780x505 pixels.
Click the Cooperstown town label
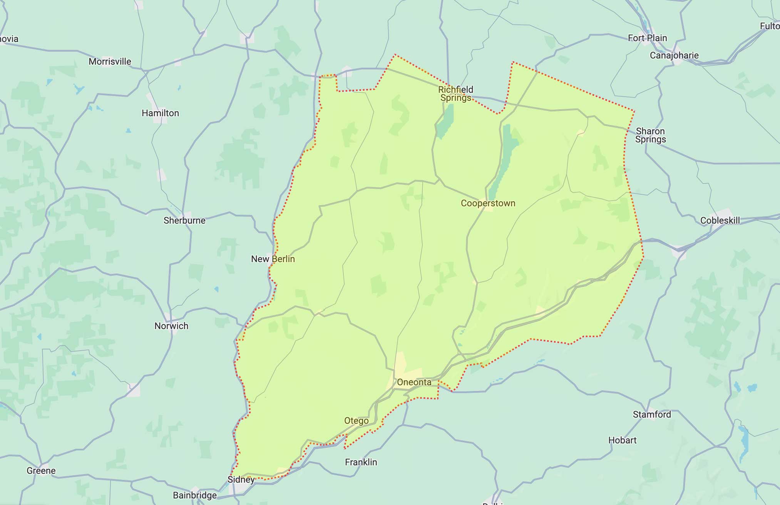488,203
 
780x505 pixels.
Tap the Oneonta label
414,382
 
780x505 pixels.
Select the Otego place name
356,421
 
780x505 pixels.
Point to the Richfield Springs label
455,94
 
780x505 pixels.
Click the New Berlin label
273,259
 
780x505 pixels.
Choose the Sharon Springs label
650,135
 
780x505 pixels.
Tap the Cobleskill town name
720,221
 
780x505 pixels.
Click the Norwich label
171,326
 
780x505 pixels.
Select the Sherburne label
184,221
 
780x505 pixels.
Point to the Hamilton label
160,113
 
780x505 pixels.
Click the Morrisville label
110,62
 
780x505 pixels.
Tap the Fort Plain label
647,38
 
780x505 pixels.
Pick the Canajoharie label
674,55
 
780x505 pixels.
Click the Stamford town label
652,415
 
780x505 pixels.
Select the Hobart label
622,440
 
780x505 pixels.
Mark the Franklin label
361,462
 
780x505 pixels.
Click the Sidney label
241,480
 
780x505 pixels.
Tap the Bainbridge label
194,495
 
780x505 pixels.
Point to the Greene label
41,471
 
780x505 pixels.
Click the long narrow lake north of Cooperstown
502,162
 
